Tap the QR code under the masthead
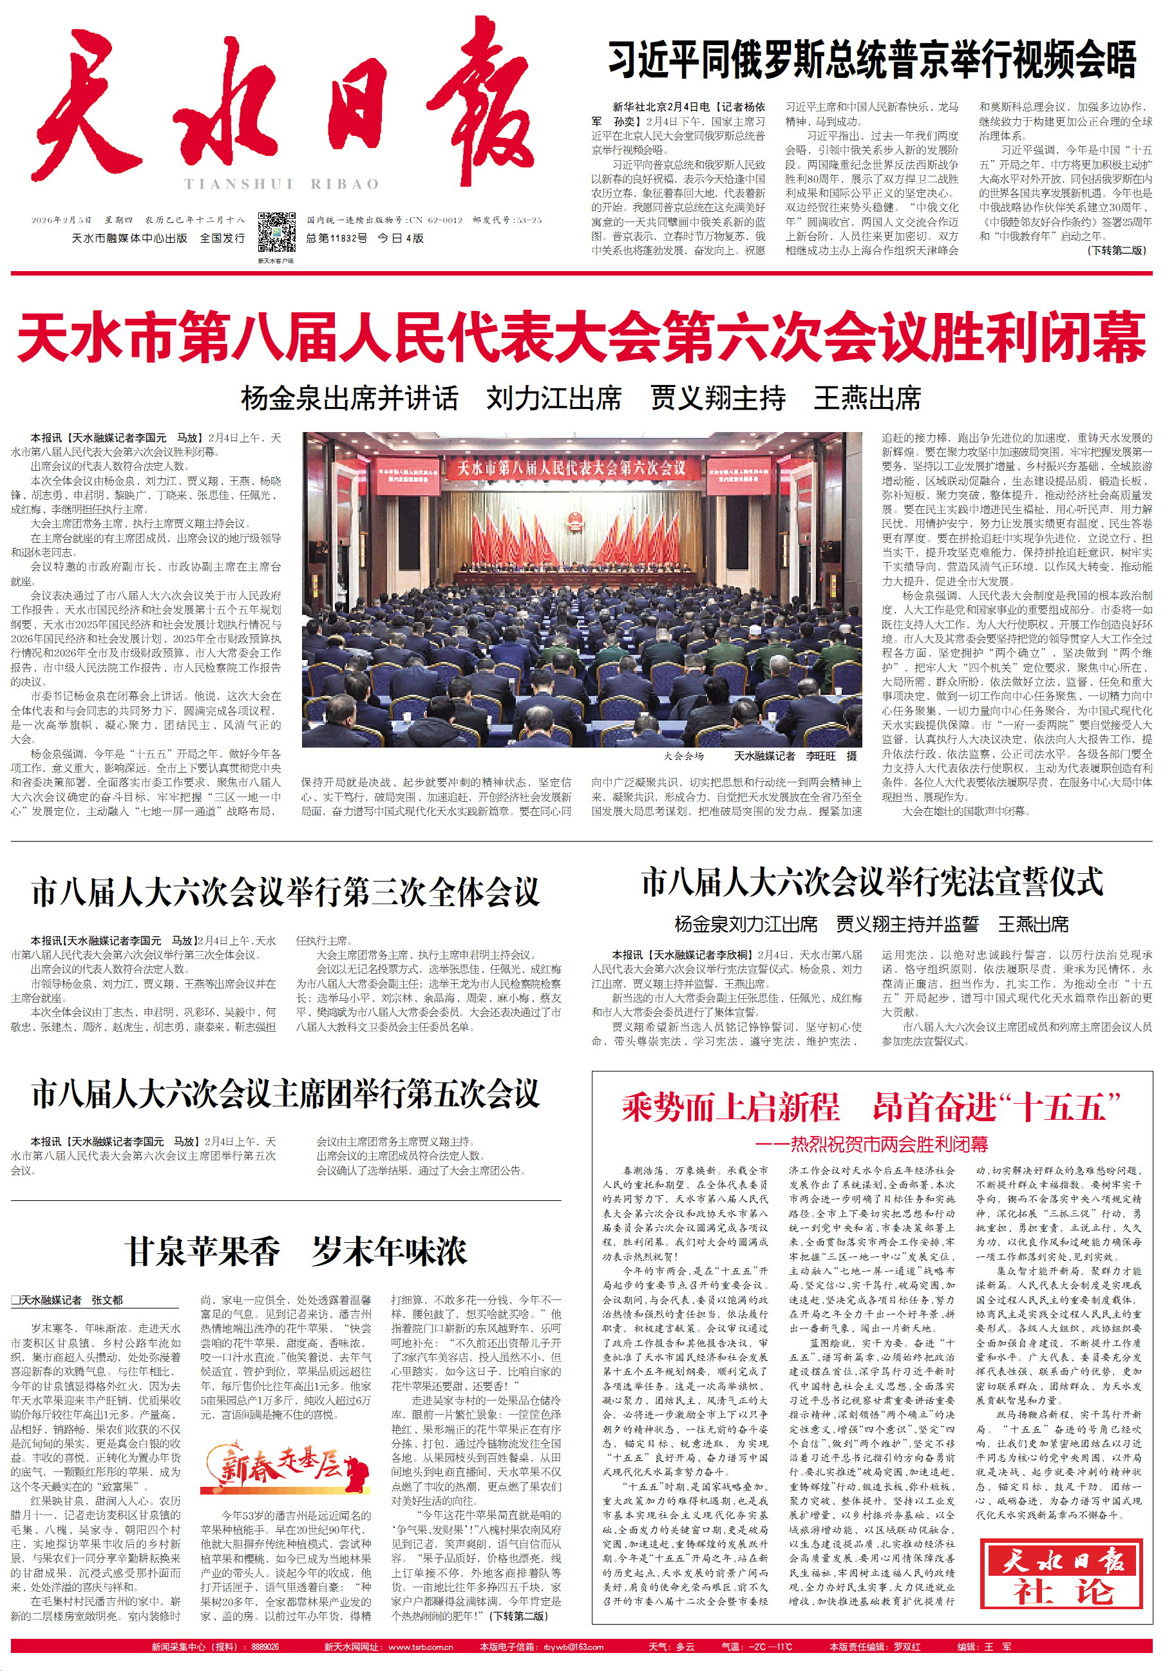[276, 233]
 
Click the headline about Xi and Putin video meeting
[872, 60]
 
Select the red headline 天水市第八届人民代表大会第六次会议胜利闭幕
[582, 336]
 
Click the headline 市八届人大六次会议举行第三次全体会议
[285, 892]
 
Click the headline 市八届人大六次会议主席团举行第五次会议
[285, 1095]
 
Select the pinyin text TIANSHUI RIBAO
[281, 184]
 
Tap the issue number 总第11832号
[336, 238]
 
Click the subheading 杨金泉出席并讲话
[349, 398]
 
